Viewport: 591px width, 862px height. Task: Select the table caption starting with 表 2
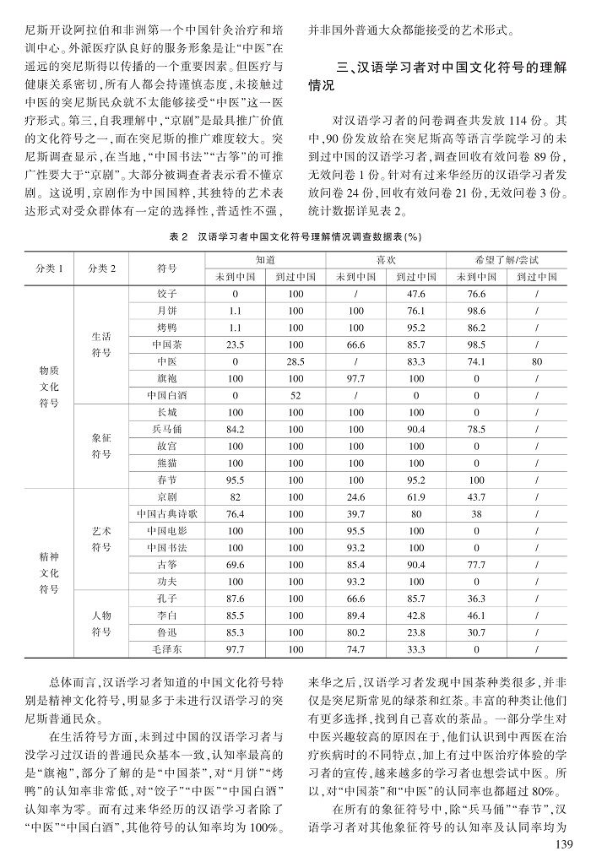click(295, 237)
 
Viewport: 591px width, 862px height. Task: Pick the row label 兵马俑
click(167, 429)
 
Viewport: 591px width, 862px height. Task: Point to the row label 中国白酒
click(167, 394)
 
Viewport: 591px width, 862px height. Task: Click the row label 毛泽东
click(167, 648)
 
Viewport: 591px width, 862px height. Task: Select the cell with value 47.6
click(415, 293)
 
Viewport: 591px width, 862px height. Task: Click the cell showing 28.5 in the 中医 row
click(295, 361)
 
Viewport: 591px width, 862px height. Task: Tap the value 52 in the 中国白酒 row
click(295, 394)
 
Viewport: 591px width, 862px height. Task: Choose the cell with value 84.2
click(236, 429)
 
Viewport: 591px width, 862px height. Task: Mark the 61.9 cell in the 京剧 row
click(415, 496)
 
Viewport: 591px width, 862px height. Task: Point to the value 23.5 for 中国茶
click(236, 344)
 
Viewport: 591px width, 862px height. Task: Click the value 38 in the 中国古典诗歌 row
click(476, 513)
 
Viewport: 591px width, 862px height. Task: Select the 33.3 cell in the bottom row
click(415, 648)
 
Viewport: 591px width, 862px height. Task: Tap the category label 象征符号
click(100, 446)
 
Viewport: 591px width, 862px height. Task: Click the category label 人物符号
click(100, 623)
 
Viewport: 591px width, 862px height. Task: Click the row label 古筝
click(167, 564)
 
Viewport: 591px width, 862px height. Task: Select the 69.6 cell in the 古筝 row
click(236, 564)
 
